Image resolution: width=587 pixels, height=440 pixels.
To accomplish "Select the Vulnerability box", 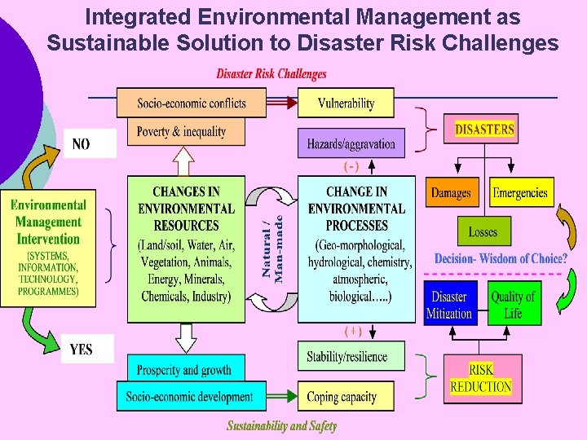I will (x=346, y=103).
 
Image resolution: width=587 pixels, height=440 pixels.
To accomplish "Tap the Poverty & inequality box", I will (x=181, y=132).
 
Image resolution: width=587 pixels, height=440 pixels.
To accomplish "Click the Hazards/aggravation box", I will (x=351, y=143).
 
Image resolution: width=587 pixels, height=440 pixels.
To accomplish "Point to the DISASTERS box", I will (x=484, y=129).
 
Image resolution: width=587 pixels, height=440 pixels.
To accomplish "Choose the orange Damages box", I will (x=452, y=193).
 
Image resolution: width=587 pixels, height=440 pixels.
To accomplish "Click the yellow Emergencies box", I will (x=520, y=193).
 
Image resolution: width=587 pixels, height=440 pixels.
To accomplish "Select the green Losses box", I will (x=483, y=232).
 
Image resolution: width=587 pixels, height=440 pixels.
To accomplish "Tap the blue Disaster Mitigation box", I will (x=449, y=304).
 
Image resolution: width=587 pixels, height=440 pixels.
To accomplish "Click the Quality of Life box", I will (x=513, y=304).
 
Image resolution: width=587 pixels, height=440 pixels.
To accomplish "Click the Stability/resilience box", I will (x=346, y=356).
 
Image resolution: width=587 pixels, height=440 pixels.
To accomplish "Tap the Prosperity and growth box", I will (x=184, y=369).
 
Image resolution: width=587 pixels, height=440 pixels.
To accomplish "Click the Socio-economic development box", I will (x=189, y=397).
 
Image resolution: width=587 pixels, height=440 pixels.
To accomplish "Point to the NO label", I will (x=82, y=144).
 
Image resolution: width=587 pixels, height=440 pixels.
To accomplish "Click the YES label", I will (x=81, y=350).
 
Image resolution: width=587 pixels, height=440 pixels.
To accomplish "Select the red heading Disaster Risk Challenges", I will (x=271, y=74).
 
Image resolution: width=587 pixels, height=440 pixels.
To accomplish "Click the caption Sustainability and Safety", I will (x=281, y=426).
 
